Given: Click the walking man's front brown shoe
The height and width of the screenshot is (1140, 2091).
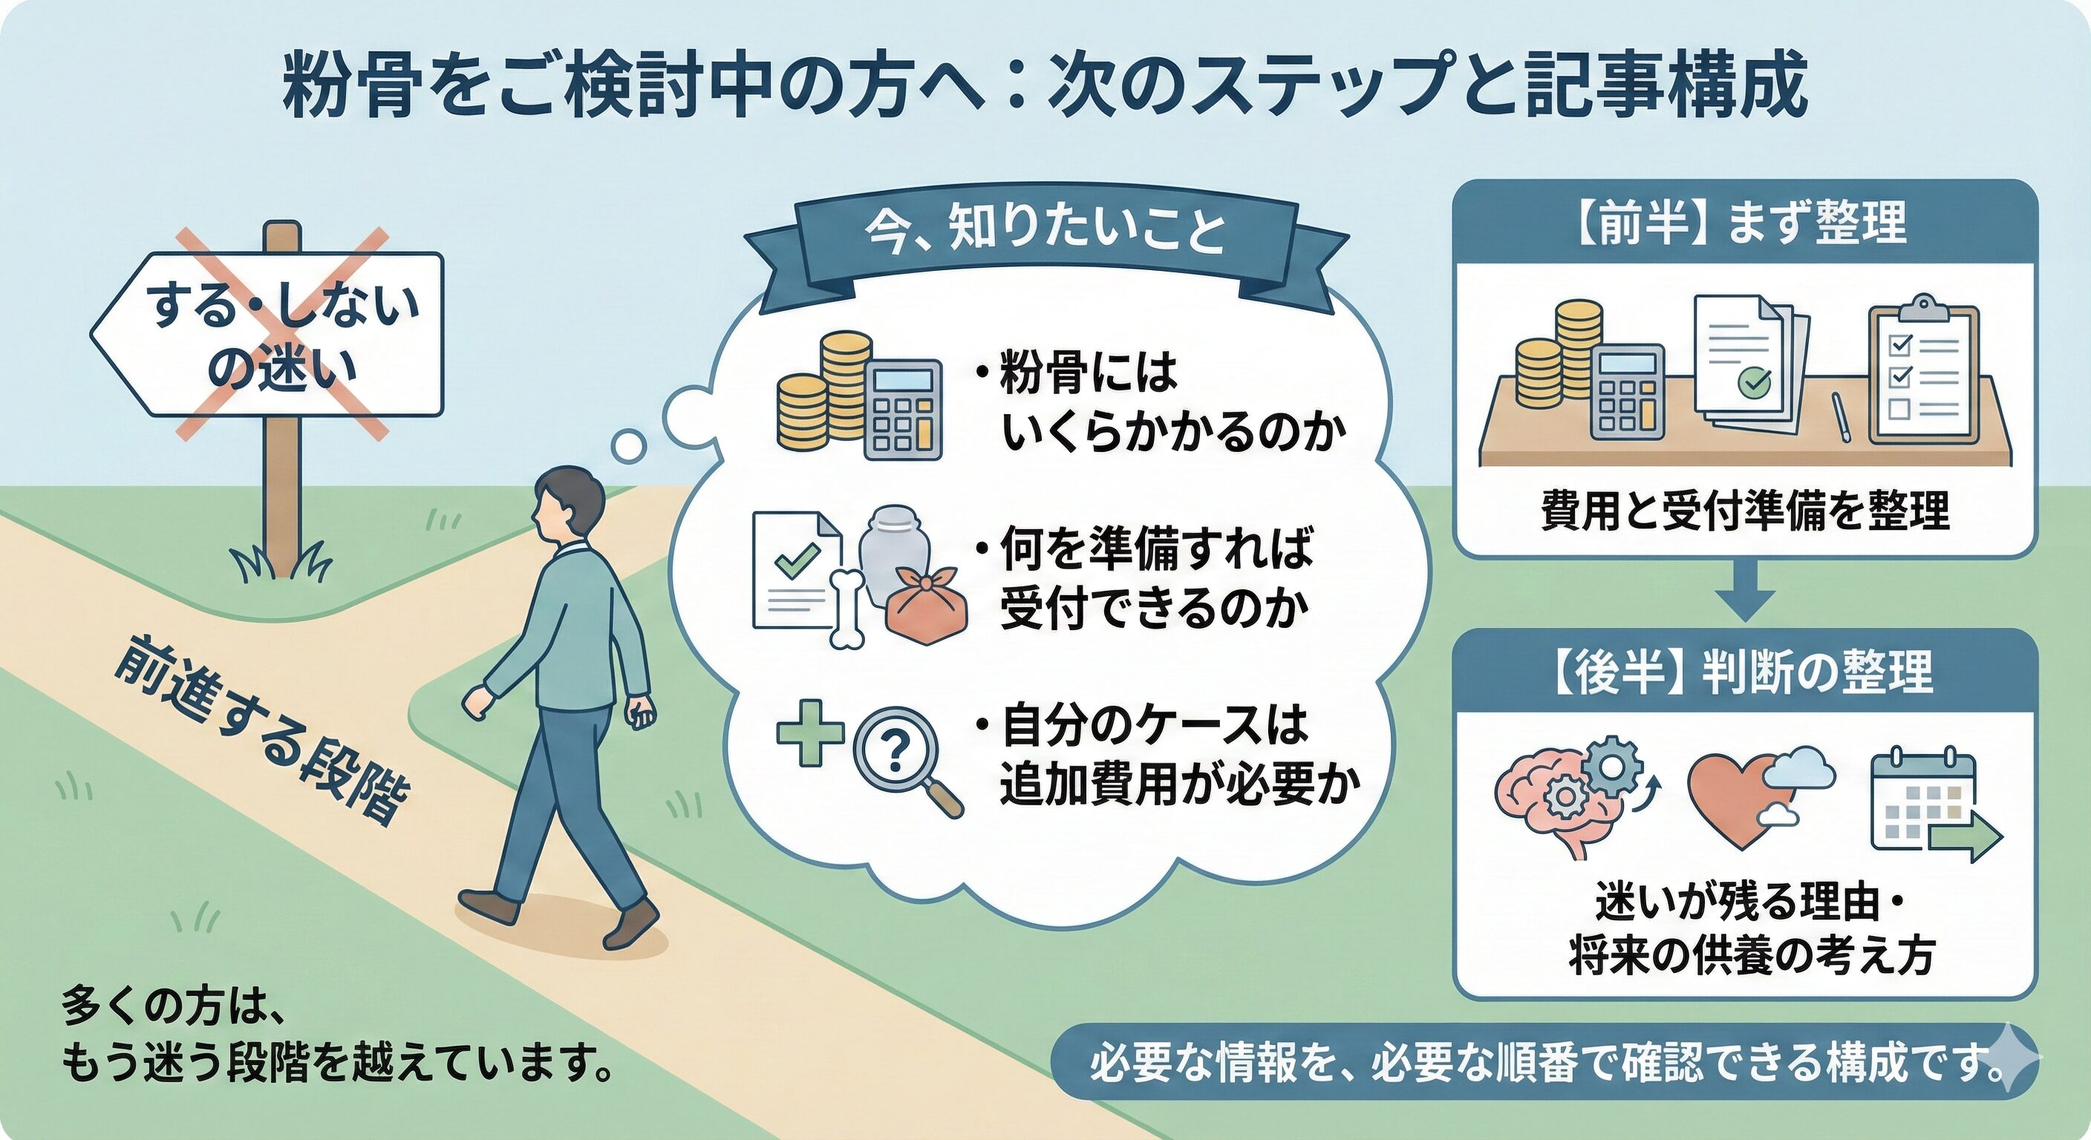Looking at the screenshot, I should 631,925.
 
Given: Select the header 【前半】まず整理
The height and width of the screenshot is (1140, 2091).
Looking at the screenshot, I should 1745,223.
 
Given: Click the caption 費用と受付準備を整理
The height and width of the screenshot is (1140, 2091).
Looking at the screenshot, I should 1745,511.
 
